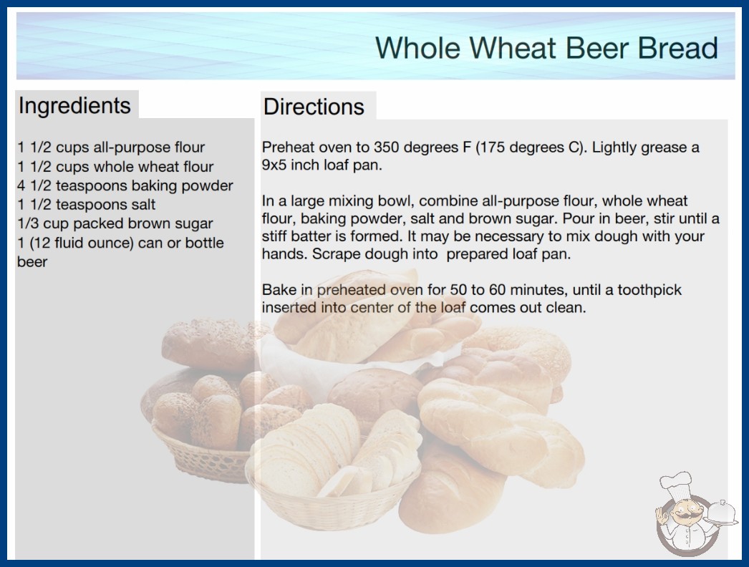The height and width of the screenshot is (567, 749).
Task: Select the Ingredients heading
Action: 74,105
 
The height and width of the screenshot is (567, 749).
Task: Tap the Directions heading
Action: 314,107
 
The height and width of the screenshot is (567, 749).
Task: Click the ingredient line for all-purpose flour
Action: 111,147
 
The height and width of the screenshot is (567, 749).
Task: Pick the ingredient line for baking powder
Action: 125,185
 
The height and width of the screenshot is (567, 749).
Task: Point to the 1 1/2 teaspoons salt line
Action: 87,205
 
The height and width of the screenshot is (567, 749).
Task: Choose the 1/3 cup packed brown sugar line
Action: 115,223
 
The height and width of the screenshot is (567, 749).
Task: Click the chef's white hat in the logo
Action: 677,484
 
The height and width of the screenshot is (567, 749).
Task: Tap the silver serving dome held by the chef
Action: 721,513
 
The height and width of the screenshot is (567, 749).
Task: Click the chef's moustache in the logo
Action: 682,515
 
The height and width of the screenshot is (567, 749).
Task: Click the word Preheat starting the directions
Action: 288,147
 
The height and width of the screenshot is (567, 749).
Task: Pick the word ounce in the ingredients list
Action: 111,243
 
